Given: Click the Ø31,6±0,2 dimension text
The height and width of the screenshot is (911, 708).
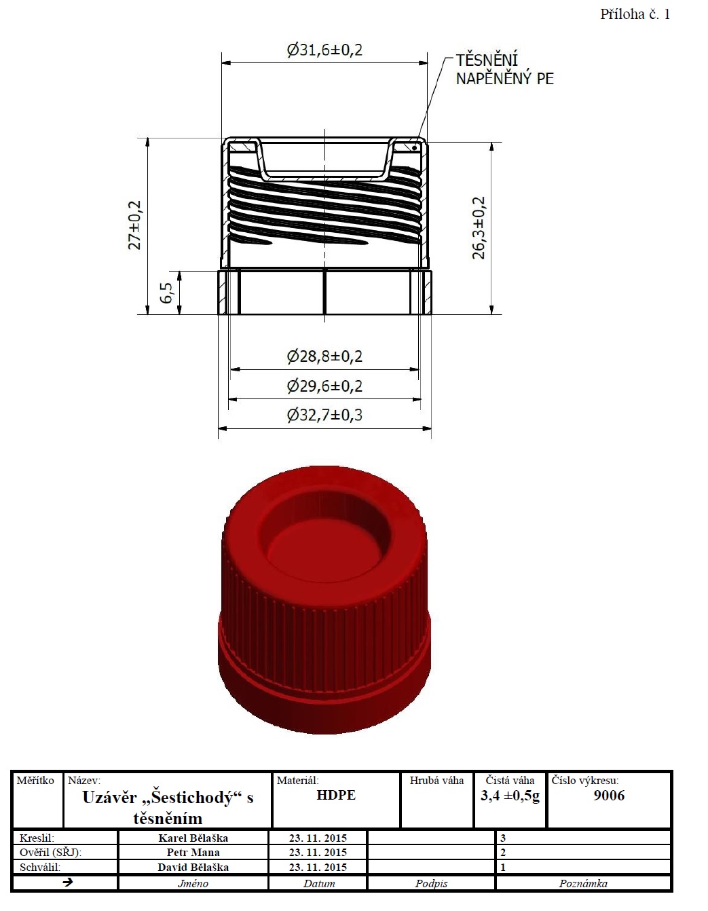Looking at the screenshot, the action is pyautogui.click(x=324, y=50).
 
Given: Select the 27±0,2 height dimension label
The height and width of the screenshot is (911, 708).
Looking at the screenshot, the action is pyautogui.click(x=135, y=225).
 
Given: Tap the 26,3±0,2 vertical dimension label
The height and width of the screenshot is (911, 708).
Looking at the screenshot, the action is pyautogui.click(x=479, y=227).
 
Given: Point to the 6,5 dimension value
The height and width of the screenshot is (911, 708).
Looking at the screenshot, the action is pyautogui.click(x=166, y=293).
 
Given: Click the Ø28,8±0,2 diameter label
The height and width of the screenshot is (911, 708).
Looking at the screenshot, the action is pyautogui.click(x=324, y=356).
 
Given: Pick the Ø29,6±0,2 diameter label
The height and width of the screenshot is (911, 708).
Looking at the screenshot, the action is pyautogui.click(x=324, y=386).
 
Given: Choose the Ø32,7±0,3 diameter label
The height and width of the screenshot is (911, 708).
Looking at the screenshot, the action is pyautogui.click(x=324, y=415).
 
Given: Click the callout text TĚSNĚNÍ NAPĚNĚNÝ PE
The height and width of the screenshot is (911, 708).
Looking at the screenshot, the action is pyautogui.click(x=505, y=69).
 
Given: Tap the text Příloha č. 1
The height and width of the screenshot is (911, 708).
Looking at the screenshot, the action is pyautogui.click(x=635, y=14).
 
